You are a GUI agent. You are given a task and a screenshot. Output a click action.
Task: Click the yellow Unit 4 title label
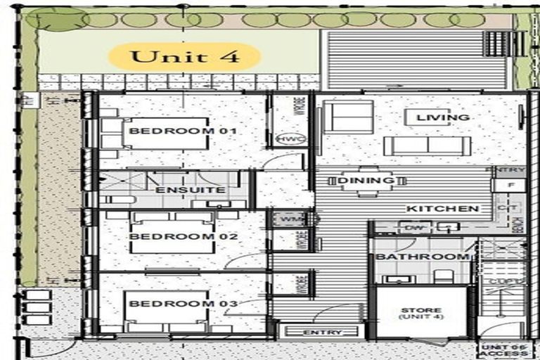[x=184, y=56]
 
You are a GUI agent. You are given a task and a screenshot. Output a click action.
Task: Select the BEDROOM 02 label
[x=174, y=237]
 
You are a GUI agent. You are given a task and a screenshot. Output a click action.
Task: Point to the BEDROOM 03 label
[x=174, y=304]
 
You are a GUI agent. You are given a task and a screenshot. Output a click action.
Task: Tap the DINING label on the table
[x=365, y=181]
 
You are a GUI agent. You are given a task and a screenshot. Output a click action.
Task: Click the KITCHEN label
[x=443, y=209]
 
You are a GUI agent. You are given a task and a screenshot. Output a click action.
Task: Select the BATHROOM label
[x=422, y=257]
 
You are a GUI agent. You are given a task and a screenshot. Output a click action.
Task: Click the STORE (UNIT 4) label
[x=421, y=314]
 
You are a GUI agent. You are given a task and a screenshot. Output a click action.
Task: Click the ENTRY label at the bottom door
[x=322, y=332]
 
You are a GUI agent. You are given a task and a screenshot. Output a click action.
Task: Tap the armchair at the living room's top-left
[x=347, y=116]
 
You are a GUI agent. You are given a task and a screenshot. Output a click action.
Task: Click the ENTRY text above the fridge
[x=510, y=171]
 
